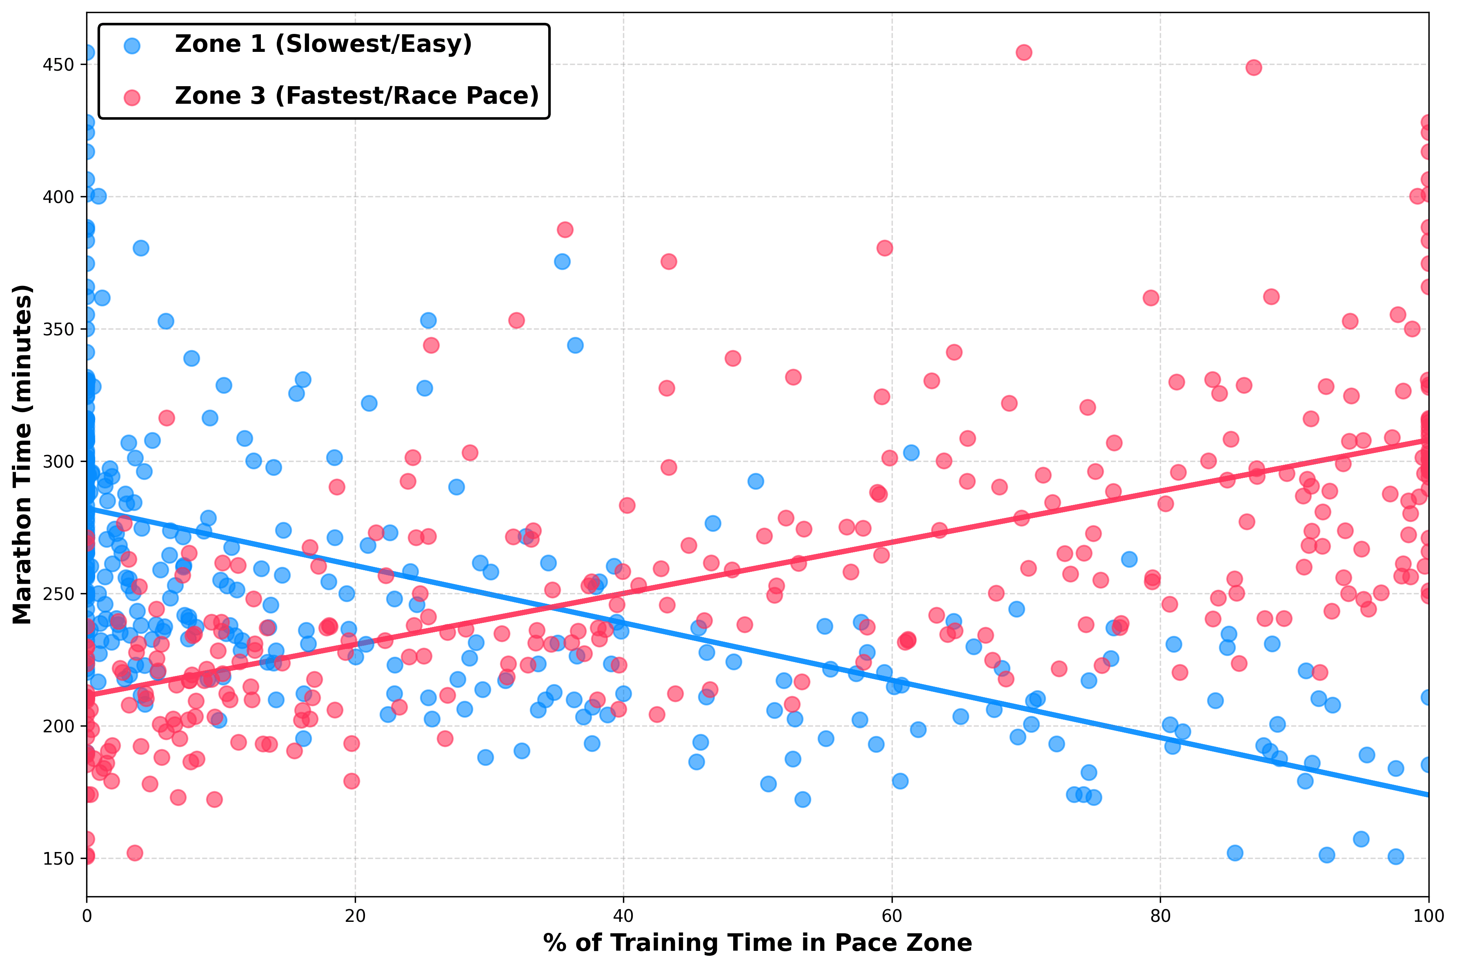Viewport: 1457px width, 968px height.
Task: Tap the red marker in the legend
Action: click(x=132, y=97)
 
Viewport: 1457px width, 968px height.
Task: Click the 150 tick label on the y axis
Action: click(x=59, y=859)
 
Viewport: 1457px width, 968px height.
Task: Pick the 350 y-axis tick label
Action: click(x=59, y=330)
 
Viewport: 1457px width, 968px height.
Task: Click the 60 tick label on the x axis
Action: click(x=892, y=916)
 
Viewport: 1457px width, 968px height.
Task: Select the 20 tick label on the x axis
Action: click(x=355, y=916)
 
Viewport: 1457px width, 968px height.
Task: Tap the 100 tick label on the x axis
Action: click(x=1428, y=916)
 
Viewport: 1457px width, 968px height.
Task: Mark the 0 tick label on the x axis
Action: click(x=87, y=916)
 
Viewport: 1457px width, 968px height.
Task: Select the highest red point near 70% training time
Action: click(x=1024, y=52)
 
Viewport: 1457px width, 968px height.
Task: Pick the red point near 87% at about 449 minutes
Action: click(x=1253, y=67)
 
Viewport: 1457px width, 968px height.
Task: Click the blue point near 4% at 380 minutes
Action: click(x=141, y=248)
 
